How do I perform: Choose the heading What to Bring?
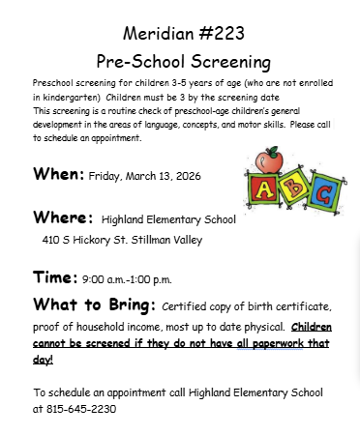click(92, 305)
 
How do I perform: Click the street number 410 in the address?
click(52, 239)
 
